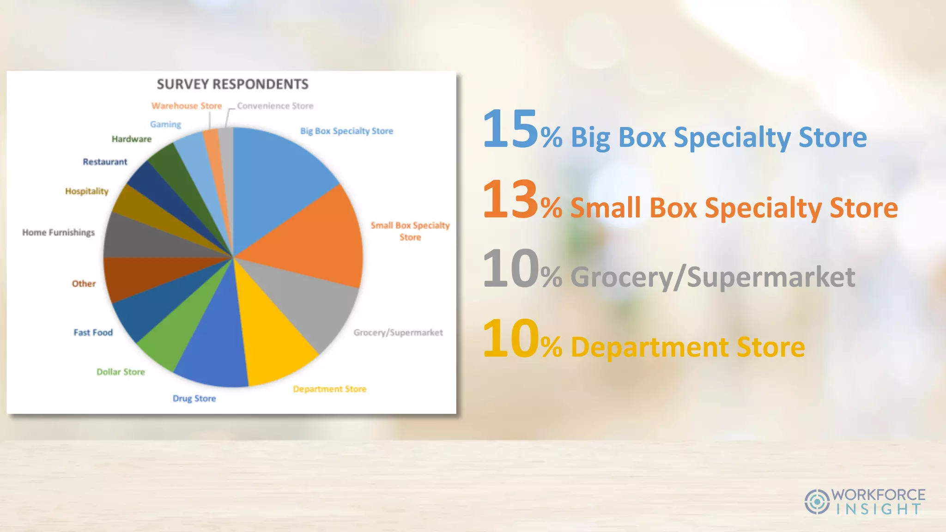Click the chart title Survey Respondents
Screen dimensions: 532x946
tap(232, 84)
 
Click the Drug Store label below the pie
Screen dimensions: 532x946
tap(194, 398)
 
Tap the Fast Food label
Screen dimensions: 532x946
tap(93, 332)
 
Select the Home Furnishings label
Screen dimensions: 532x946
tap(58, 232)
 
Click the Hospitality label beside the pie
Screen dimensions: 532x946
tap(86, 191)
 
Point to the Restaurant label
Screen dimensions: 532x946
tap(105, 162)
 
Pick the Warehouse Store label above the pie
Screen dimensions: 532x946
tap(187, 106)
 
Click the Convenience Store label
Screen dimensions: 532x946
tap(275, 106)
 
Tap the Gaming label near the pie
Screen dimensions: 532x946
tap(165, 124)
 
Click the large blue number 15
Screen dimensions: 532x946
tap(510, 129)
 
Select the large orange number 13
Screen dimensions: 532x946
tap(510, 199)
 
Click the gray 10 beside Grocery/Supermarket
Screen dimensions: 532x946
tap(510, 269)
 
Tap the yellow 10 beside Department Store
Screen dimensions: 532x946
tap(510, 339)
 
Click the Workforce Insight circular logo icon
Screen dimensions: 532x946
tap(817, 502)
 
